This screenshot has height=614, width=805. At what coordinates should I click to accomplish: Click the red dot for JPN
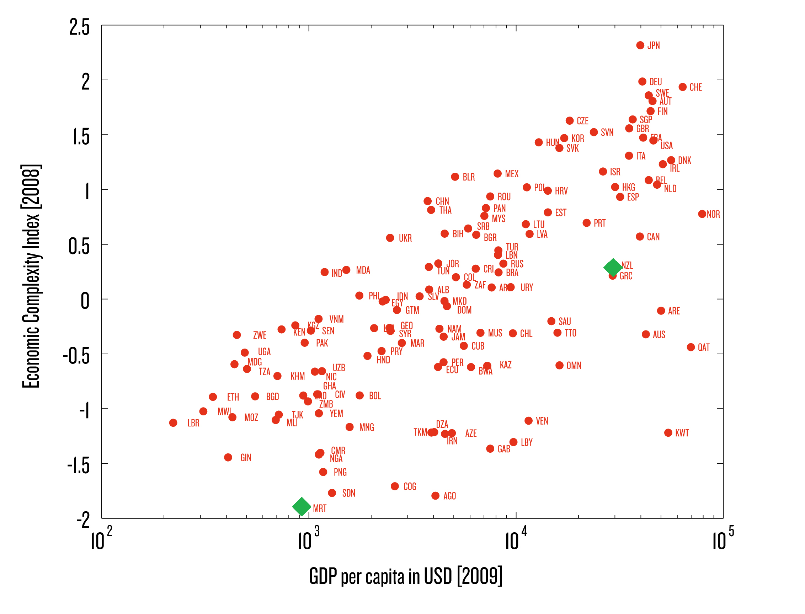tap(640, 45)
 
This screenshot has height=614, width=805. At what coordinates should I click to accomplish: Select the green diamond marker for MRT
tap(302, 507)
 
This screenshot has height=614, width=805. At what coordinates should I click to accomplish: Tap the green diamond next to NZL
tap(613, 267)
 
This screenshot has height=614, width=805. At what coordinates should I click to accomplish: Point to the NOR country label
tap(713, 214)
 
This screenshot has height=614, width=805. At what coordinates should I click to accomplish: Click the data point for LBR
tap(174, 423)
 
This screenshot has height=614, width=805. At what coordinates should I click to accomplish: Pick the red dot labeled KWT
tap(668, 433)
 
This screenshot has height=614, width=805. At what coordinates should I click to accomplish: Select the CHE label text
tap(695, 87)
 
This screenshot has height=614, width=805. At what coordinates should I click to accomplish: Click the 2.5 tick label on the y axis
tap(79, 27)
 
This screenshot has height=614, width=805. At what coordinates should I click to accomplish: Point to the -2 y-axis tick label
tap(83, 520)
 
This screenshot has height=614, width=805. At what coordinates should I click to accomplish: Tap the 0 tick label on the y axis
tap(85, 301)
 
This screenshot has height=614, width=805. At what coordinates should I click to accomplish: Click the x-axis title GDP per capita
tap(406, 576)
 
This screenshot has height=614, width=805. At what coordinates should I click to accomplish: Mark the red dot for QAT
tap(691, 347)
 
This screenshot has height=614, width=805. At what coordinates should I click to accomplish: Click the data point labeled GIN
tap(228, 458)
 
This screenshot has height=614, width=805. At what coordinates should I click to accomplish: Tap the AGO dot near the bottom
tap(435, 496)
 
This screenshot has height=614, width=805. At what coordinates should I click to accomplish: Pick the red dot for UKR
tap(390, 238)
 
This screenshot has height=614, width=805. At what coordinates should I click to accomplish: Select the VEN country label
tap(542, 421)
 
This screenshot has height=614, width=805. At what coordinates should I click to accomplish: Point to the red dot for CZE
tap(570, 120)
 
